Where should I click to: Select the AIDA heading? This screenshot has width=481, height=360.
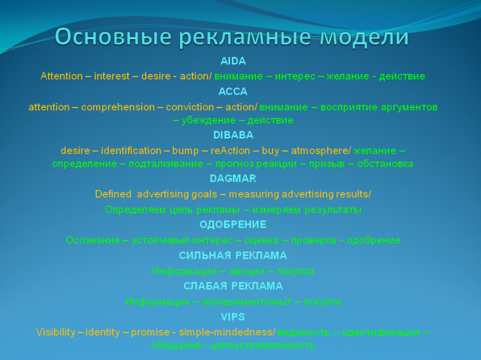[233, 61]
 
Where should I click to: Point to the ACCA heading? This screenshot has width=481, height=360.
[233, 92]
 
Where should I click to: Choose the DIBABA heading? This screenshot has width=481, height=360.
[233, 135]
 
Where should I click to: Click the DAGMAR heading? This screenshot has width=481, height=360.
[233, 179]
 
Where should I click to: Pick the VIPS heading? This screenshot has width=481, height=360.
[233, 317]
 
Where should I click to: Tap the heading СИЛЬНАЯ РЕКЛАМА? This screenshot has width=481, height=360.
[233, 255]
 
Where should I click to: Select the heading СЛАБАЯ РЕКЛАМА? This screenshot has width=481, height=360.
[233, 286]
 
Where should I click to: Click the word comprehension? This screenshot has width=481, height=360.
[118, 107]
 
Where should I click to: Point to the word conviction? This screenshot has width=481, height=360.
[191, 107]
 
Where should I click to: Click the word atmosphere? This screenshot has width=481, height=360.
[320, 151]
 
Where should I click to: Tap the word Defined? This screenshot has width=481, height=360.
[113, 195]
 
